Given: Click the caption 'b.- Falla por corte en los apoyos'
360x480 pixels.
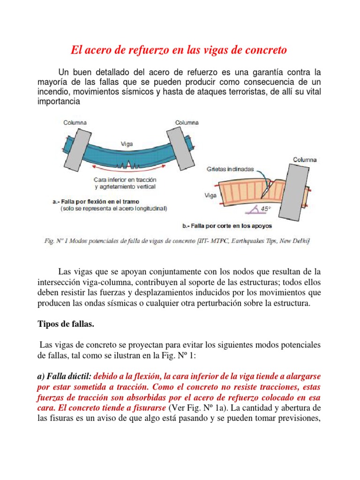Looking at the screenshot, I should point(227,226).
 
